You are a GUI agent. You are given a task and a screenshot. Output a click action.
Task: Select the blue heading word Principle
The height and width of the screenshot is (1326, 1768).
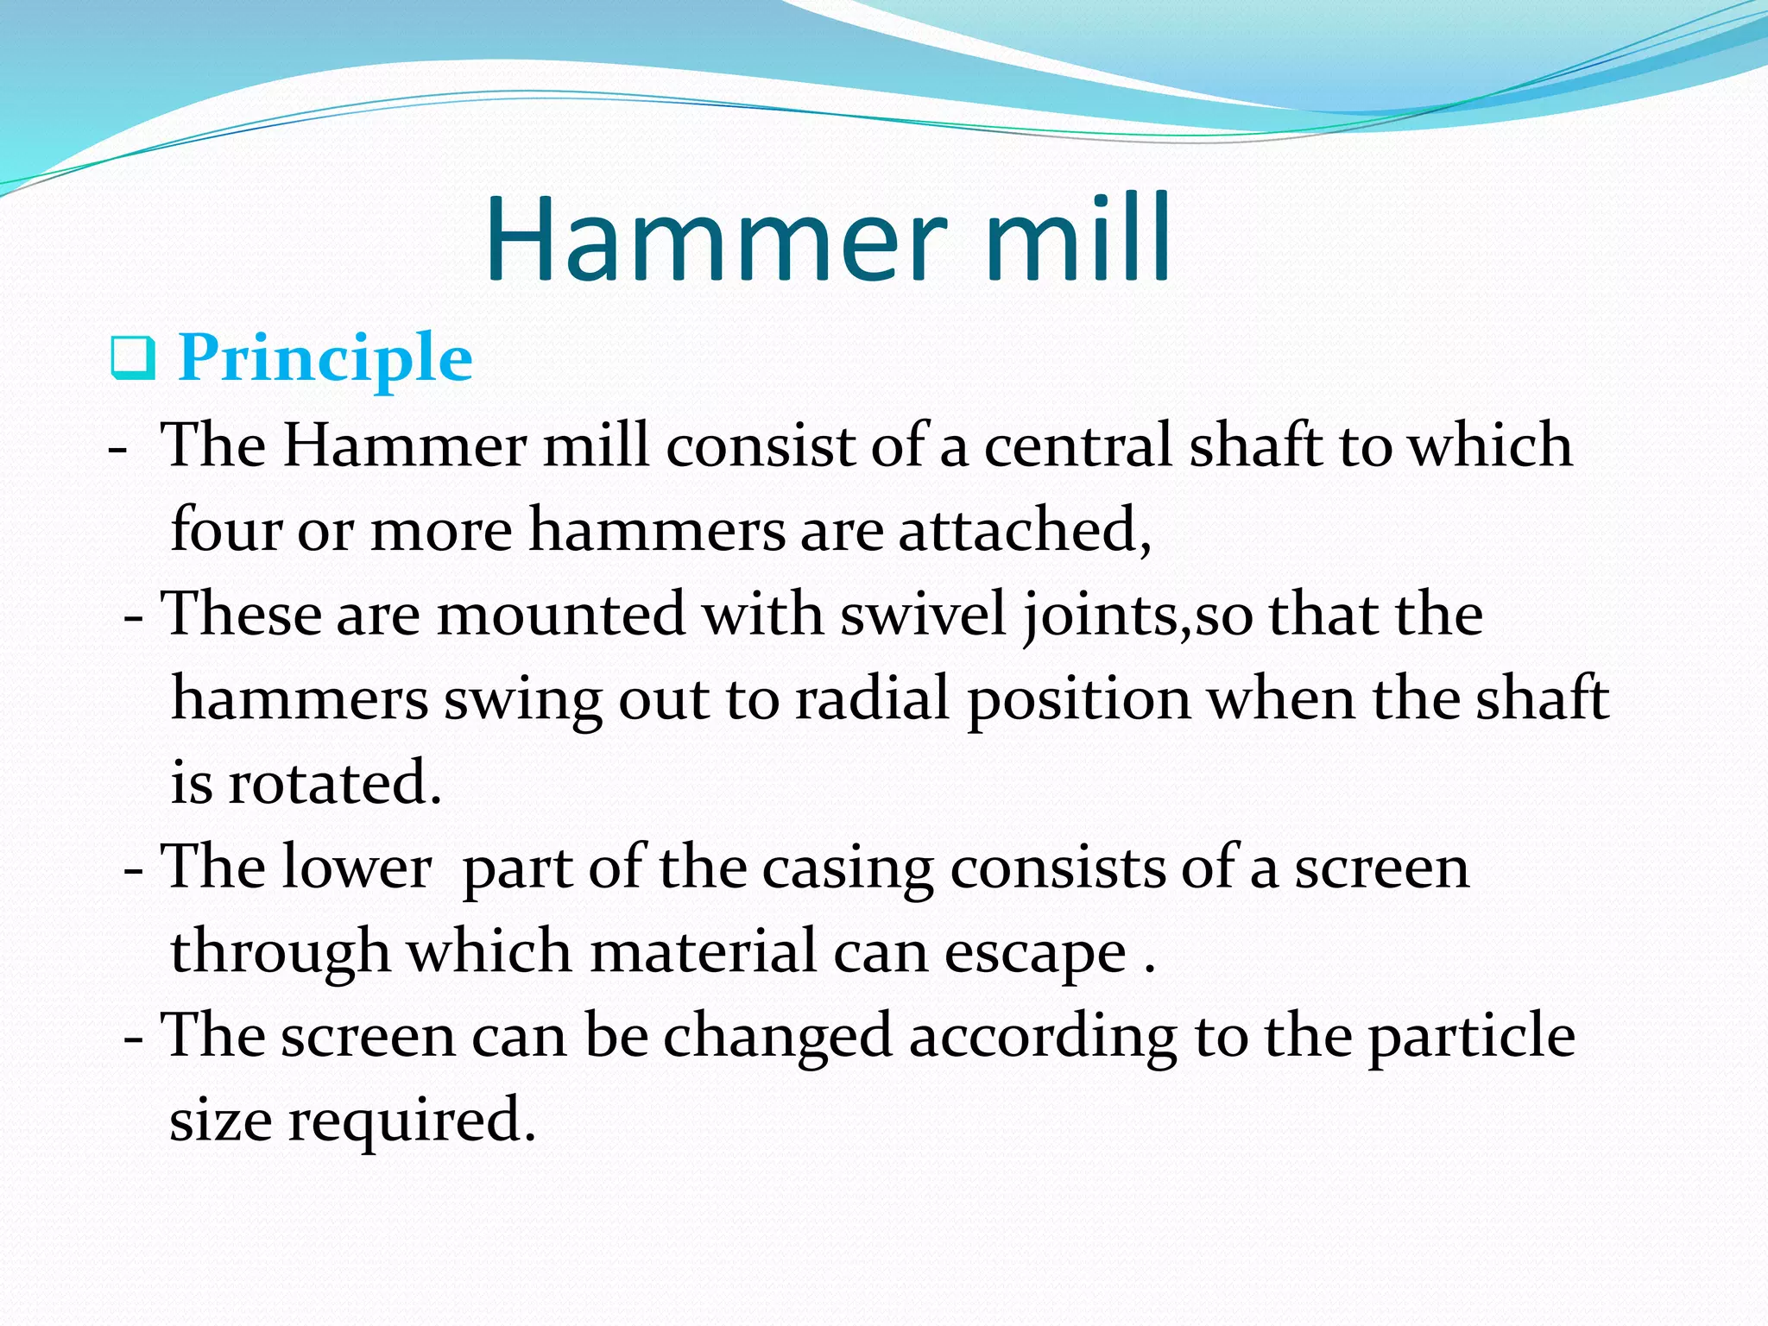pyautogui.click(x=325, y=358)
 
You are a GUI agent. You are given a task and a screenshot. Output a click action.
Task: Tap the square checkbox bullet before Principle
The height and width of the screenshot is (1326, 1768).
pyautogui.click(x=132, y=360)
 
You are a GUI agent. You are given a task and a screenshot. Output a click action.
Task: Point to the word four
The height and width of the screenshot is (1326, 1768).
pyautogui.click(x=226, y=529)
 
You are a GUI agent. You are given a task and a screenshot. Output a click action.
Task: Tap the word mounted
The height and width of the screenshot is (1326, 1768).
pyautogui.click(x=561, y=614)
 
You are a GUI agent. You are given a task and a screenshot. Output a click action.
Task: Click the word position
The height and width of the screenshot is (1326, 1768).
pyautogui.click(x=1079, y=698)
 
